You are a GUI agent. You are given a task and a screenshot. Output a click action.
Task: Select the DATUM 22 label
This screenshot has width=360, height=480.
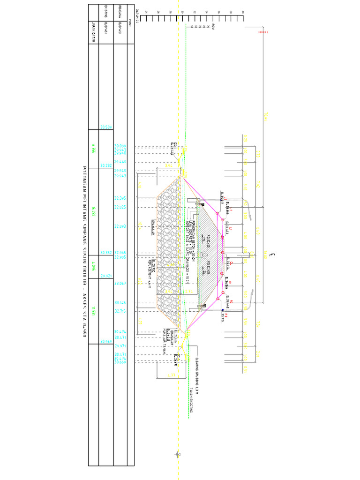pos(137,15)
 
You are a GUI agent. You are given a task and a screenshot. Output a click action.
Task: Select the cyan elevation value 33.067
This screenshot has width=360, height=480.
pos(120,283)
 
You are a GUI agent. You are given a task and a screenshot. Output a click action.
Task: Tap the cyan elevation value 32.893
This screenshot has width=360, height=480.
pos(120,226)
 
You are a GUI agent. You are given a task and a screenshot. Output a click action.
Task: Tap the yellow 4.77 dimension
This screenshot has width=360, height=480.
pos(172,375)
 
